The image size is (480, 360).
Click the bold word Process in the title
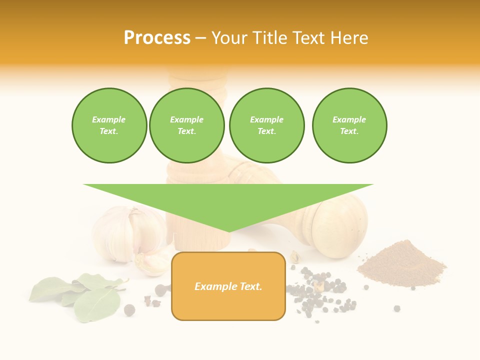tap(157, 38)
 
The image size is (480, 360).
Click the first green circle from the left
tap(109, 125)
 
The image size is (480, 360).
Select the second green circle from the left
tap(187, 125)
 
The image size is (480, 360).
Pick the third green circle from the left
tap(266, 125)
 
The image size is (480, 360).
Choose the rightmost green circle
tap(349, 125)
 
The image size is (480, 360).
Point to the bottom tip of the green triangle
tap(228, 230)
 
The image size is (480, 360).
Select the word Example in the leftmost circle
tap(109, 120)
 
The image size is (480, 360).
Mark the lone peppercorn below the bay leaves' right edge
tap(129, 310)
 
